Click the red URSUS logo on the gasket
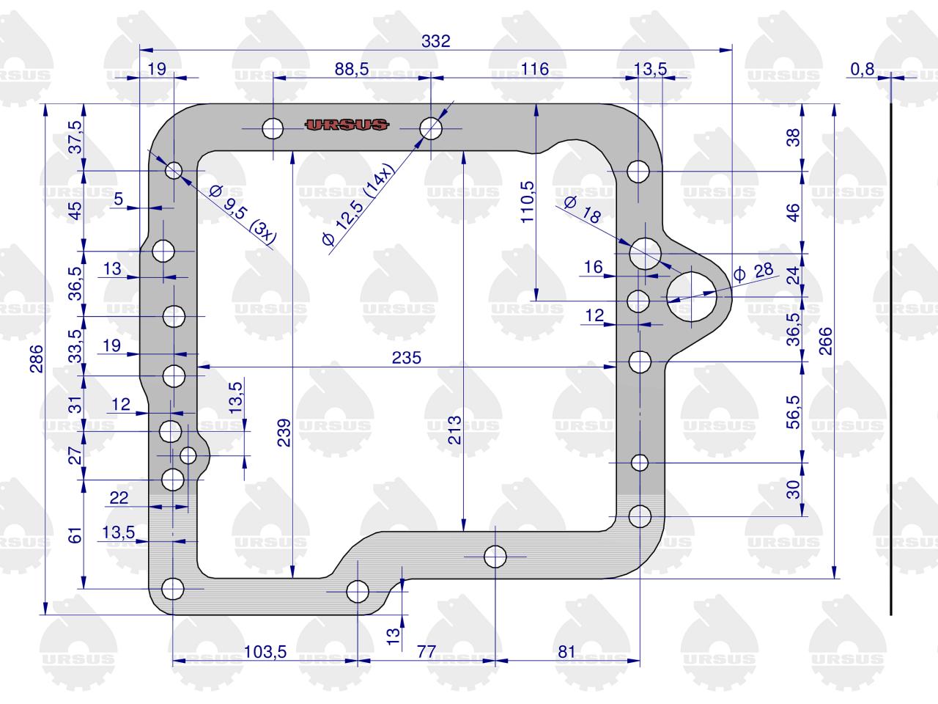tap(347, 125)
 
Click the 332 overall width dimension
tap(436, 41)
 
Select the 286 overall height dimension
tap(37, 359)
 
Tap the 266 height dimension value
tap(826, 341)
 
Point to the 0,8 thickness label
tap(863, 69)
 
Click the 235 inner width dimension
tap(407, 358)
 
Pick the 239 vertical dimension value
tap(284, 433)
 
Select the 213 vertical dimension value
tap(454, 430)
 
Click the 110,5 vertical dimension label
tap(528, 202)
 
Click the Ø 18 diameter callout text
tap(583, 210)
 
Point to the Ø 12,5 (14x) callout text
tap(358, 205)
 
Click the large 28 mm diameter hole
tap(692, 297)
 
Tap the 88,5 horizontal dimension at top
tap(351, 69)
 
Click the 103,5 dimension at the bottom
tap(265, 652)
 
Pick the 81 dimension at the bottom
tap(566, 652)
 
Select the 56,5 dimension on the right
tap(793, 412)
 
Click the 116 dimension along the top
tap(535, 69)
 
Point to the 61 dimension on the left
tap(75, 535)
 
